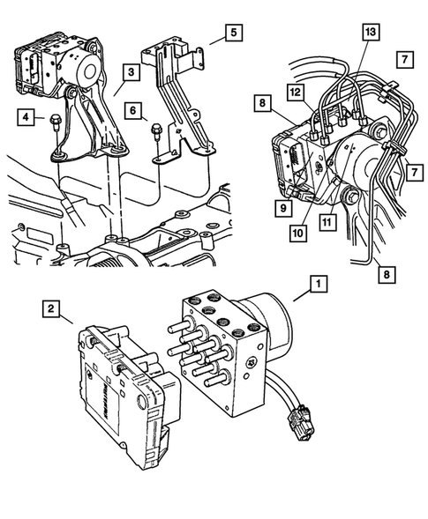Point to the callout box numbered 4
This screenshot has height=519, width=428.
click(27, 117)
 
